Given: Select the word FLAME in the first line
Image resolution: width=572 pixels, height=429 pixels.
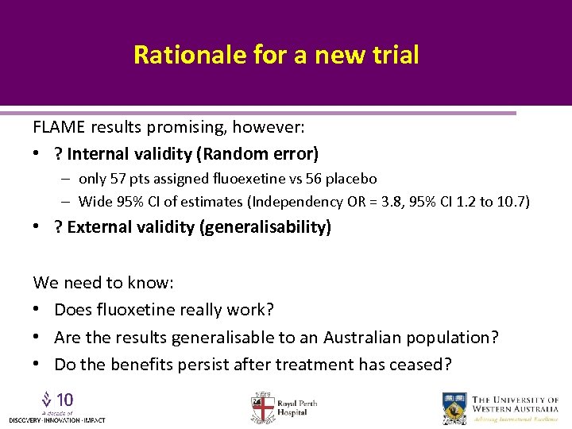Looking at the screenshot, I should (x=60, y=126).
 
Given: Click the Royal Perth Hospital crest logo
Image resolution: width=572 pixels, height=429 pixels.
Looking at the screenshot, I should (x=263, y=408).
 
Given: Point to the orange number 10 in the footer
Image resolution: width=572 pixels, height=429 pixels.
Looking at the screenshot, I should (x=65, y=399).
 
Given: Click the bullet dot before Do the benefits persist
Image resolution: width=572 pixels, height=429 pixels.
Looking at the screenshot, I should (x=37, y=365).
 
